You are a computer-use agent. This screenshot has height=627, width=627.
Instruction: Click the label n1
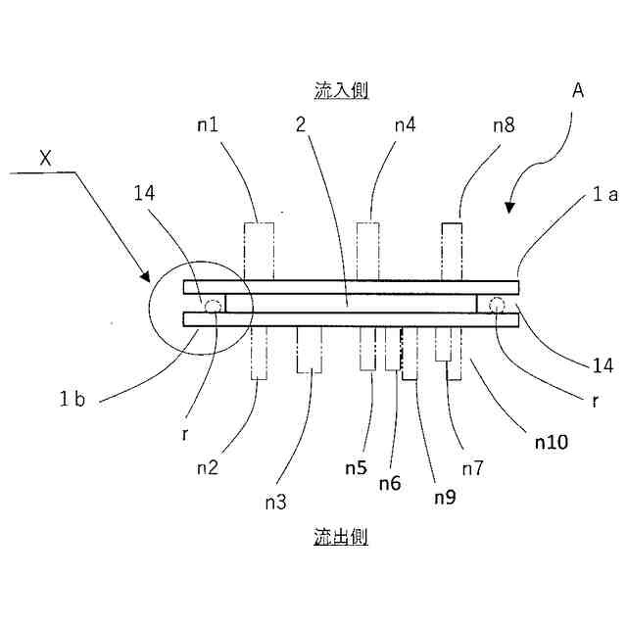(x=208, y=125)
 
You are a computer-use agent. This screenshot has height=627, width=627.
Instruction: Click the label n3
(x=275, y=503)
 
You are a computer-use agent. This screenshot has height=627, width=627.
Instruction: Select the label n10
(x=552, y=443)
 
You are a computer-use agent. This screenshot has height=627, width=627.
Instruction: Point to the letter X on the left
(x=45, y=157)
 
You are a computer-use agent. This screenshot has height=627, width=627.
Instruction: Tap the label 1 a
(x=603, y=195)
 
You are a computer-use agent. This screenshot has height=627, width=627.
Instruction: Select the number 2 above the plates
(x=302, y=125)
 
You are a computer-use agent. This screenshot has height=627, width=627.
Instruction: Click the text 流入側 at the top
(x=341, y=90)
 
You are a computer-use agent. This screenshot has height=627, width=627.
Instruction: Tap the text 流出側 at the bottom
(x=341, y=537)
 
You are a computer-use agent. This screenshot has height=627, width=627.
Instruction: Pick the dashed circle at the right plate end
(x=497, y=304)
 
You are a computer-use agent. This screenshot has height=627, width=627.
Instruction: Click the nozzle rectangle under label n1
(x=260, y=252)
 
